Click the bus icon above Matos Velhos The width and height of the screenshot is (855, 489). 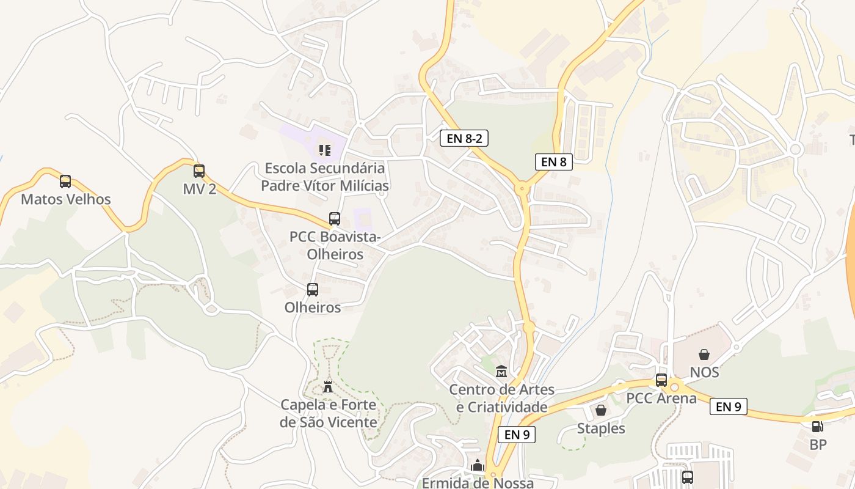coord(65,182)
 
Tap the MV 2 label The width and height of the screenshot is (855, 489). coord(200,189)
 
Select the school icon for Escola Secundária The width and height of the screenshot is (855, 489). coord(324,150)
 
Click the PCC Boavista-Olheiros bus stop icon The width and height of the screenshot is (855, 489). coord(334,219)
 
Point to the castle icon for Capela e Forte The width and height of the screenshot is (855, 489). coord(328,386)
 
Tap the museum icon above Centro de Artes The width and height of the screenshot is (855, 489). coord(501,371)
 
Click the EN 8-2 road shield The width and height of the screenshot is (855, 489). coord(464,138)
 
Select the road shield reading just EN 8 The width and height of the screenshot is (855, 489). coord(554,162)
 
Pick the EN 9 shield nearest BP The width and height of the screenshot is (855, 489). coord(729,406)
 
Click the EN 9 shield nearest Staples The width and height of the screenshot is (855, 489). coord(517,435)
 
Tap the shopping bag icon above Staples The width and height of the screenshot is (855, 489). coord(601,410)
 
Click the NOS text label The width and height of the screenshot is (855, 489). coord(704,372)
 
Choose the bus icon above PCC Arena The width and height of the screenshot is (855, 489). coord(661,380)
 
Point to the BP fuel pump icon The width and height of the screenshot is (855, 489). coord(818,427)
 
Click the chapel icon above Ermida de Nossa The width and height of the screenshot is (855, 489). coord(478,465)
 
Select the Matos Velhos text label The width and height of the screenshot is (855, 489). coord(66,199)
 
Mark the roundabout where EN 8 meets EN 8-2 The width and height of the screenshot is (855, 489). coord(522,188)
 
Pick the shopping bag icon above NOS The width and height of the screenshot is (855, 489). coord(704,355)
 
